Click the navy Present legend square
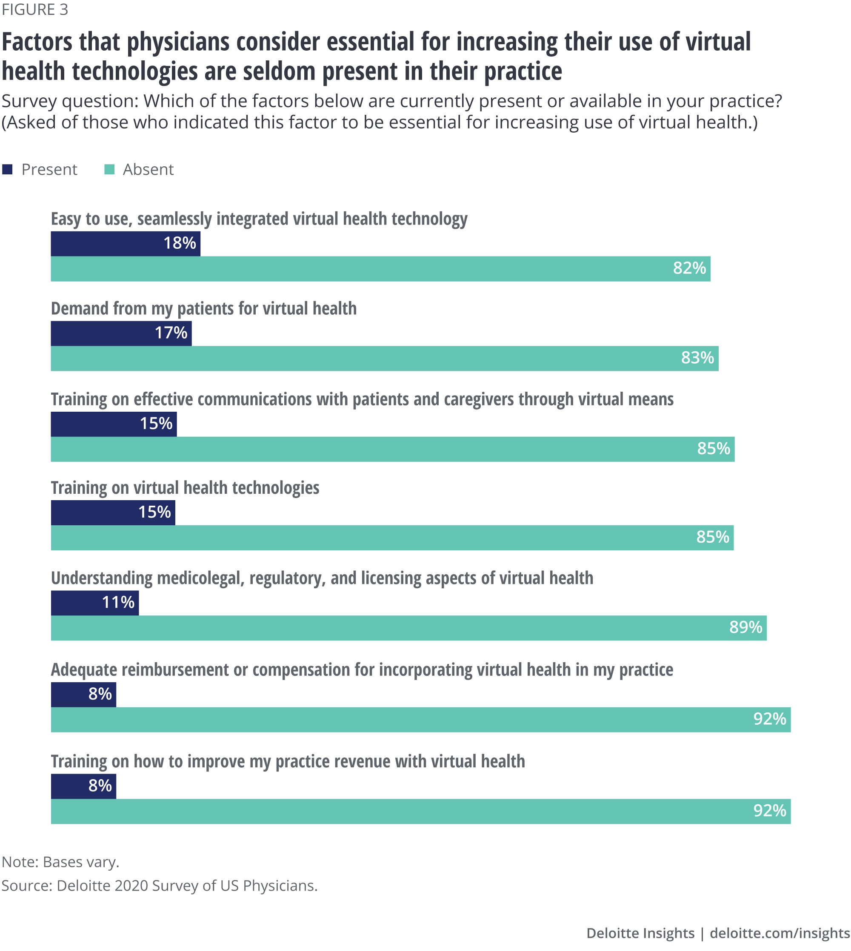[x=7, y=169]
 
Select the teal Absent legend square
[x=109, y=169]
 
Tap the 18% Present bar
[x=126, y=243]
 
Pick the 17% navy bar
[x=121, y=333]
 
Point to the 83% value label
[x=697, y=358]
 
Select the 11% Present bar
[x=94, y=603]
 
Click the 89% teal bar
[x=408, y=628]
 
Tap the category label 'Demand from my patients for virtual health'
[x=203, y=309]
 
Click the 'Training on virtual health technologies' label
[x=185, y=488]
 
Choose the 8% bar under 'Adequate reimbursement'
[x=83, y=695]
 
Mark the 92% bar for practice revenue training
[x=420, y=811]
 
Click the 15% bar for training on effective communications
[x=114, y=424]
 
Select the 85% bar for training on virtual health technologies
[x=392, y=538]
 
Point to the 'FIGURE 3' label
[x=35, y=9]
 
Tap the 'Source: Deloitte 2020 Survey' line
[x=160, y=886]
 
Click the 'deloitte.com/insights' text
[x=780, y=933]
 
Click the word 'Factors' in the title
[x=37, y=42]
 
